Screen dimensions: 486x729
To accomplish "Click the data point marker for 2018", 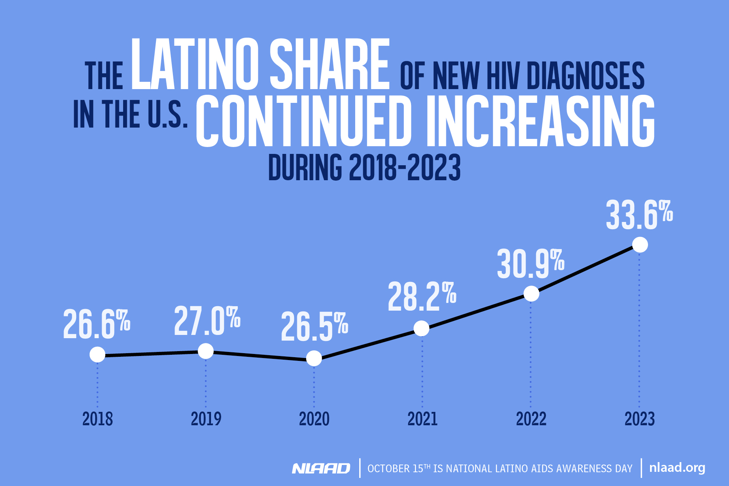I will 97,355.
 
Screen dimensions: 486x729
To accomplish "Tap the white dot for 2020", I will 314,358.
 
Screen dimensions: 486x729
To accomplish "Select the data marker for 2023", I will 640,245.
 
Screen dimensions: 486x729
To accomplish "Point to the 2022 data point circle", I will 531,294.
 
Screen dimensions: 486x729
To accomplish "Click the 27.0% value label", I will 207,321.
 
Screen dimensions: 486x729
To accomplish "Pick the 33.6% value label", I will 639,215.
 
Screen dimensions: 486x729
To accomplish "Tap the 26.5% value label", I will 314,326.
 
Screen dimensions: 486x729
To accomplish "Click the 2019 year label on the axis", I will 206,419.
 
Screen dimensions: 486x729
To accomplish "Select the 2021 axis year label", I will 422,419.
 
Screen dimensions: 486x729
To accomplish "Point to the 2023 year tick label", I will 639,419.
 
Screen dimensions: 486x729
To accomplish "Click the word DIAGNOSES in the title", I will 586,76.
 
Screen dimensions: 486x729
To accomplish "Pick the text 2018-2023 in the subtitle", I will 405,167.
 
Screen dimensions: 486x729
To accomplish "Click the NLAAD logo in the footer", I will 321,468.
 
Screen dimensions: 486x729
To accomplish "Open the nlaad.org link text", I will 677,468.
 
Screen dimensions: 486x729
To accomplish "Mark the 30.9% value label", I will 531,264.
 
